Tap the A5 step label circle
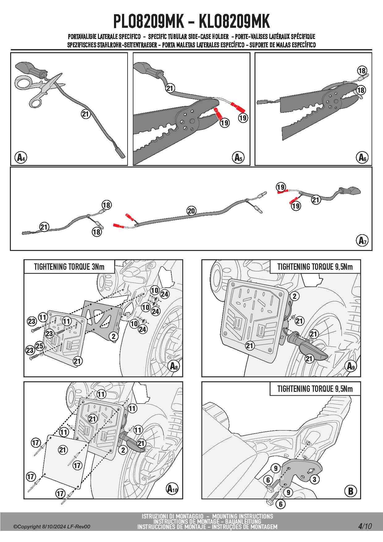[238, 158]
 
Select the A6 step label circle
[362, 158]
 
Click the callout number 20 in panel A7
[192, 211]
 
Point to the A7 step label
[362, 240]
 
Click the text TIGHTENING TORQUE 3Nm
[69, 267]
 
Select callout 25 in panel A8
[40, 346]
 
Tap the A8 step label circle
[174, 366]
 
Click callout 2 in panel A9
[294, 296]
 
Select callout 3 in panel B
[314, 479]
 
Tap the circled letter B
[350, 491]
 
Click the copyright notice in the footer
[52, 527]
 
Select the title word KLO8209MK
[234, 21]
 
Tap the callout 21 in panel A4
[85, 114]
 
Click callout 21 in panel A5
[170, 88]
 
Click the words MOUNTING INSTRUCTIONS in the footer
[242, 516]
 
